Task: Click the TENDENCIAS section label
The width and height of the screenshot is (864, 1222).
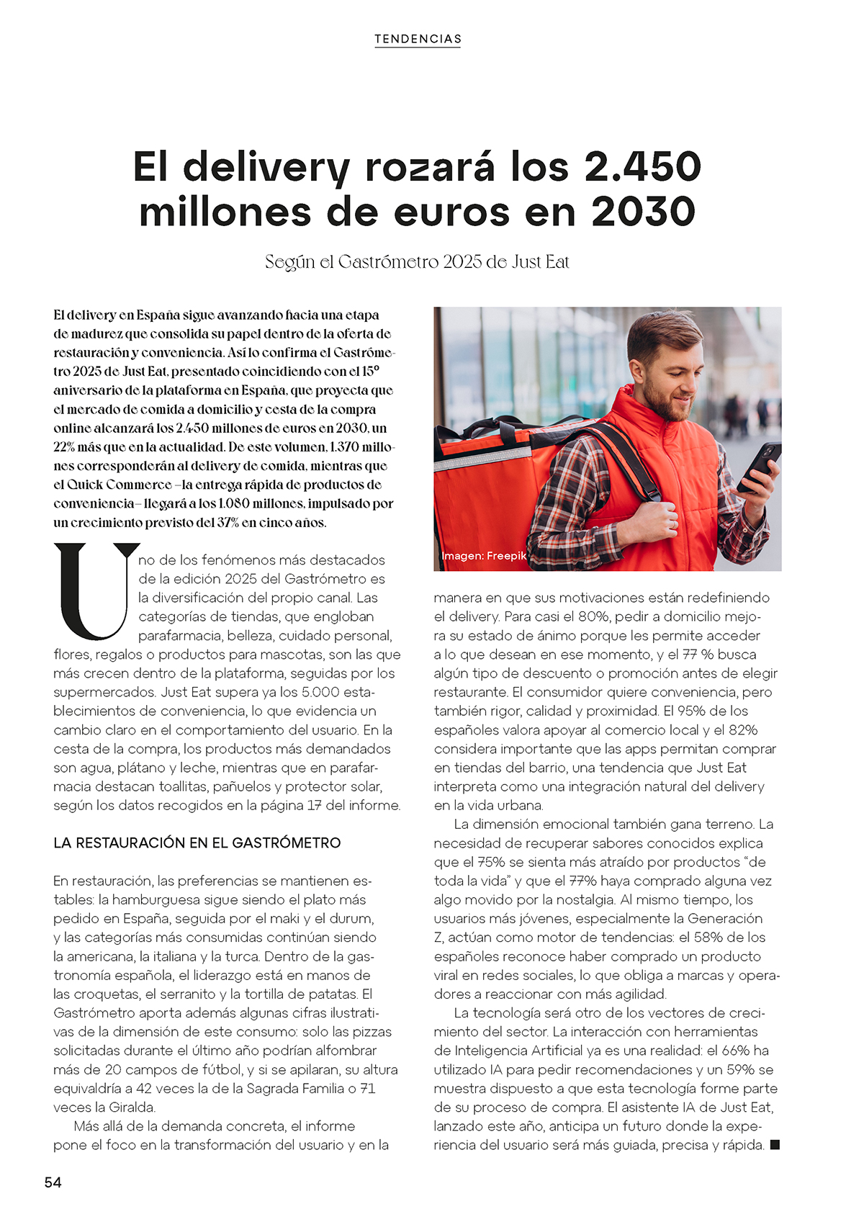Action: (418, 39)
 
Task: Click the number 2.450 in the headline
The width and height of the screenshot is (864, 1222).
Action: (642, 167)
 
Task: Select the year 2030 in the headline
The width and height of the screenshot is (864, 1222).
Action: (643, 212)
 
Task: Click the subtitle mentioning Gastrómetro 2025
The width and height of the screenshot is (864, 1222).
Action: (417, 261)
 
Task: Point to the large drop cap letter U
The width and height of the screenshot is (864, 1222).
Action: (96, 590)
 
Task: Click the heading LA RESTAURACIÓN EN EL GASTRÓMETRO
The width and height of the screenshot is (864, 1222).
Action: (197, 843)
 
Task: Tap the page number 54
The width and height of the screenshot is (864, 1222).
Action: (53, 1182)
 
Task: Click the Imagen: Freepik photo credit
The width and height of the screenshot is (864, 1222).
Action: (483, 556)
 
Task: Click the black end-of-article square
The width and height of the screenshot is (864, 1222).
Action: (775, 1144)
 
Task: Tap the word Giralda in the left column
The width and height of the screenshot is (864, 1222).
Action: (132, 1107)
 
